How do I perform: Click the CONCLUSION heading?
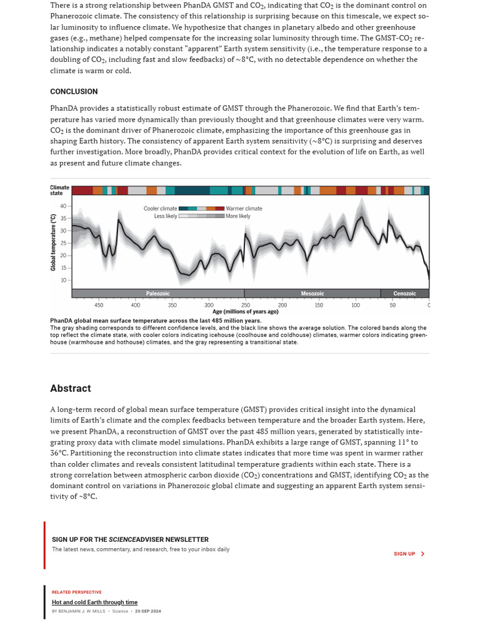74,91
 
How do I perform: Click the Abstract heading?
71,388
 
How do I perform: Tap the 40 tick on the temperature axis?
63,206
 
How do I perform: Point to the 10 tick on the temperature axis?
63,280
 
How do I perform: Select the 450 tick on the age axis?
99,305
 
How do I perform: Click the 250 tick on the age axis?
246,305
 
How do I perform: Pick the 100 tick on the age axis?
356,305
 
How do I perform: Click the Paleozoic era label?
157,293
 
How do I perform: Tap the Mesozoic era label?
312,293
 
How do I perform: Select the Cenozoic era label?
404,293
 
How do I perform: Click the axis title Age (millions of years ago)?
245,311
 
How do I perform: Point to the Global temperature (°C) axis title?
54,242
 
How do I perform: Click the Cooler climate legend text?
160,209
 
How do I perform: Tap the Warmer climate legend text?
244,209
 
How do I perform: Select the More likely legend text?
237,216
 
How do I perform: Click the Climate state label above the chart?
59,190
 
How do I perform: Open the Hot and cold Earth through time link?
94,602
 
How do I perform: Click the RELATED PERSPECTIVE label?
76,592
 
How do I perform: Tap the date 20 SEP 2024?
147,611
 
